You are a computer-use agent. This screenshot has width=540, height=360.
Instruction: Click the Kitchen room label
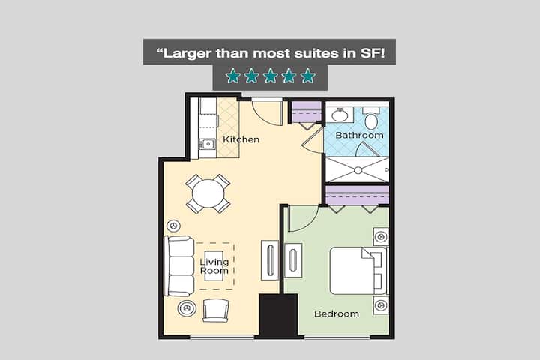(241, 139)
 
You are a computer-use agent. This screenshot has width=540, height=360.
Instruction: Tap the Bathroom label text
(359, 136)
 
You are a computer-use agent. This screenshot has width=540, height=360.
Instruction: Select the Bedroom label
(337, 313)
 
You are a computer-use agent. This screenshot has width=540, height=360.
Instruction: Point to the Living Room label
(214, 266)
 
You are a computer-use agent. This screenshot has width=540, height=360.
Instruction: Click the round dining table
(208, 193)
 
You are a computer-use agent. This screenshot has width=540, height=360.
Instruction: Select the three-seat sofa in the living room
(179, 266)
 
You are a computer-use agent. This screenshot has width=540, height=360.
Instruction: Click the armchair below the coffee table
(215, 310)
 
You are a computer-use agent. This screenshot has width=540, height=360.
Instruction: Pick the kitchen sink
(207, 144)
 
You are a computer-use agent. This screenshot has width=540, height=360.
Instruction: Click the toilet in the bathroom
(371, 119)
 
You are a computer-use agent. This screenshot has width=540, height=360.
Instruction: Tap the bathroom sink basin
(340, 115)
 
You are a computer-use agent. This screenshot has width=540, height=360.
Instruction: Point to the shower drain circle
(358, 170)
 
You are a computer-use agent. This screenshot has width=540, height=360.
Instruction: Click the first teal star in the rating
(232, 76)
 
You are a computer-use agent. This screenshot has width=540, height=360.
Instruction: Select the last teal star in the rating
(308, 76)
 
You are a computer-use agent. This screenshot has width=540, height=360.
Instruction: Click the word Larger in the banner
(187, 54)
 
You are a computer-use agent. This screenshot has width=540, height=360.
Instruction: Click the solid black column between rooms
(278, 316)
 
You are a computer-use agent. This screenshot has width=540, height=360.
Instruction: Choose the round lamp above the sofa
(173, 226)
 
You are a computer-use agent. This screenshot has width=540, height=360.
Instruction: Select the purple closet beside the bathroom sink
(307, 112)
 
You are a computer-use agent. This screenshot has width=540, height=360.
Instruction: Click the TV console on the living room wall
(270, 260)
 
